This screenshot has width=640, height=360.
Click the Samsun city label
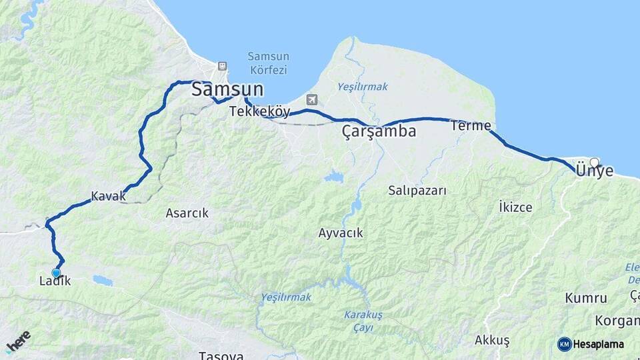pyautogui.click(x=227, y=90)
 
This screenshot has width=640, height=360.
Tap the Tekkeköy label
pyautogui.click(x=259, y=112)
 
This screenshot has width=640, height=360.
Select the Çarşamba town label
pyautogui.click(x=379, y=131)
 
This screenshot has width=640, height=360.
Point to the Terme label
pyautogui.click(x=471, y=125)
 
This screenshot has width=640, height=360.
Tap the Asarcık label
pyautogui.click(x=187, y=213)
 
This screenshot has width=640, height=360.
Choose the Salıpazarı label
pyautogui.click(x=417, y=191)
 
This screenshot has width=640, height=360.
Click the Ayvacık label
pyautogui.click(x=341, y=233)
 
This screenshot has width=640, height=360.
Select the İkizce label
pyautogui.click(x=515, y=207)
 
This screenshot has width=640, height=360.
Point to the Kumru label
pyautogui.click(x=586, y=298)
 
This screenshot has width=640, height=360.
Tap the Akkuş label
pyautogui.click(x=492, y=341)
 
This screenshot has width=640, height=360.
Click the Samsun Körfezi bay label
pyautogui.click(x=267, y=63)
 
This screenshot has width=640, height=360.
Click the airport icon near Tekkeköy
pyautogui.click(x=311, y=100)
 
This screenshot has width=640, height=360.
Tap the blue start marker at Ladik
pyautogui.click(x=56, y=273)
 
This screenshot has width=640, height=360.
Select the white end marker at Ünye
pyautogui.click(x=595, y=161)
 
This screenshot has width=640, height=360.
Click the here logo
pyautogui.click(x=18, y=341)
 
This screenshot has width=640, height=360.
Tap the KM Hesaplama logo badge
pyautogui.click(x=591, y=344)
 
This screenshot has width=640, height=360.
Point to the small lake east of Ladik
pyautogui.click(x=103, y=280)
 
